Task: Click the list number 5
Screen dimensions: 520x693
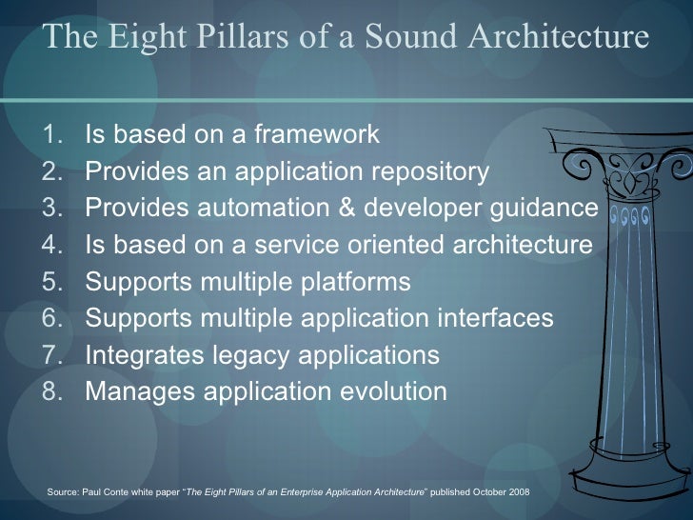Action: point(53,282)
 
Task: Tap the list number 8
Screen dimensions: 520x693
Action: point(53,390)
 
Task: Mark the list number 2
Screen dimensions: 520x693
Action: point(53,173)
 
